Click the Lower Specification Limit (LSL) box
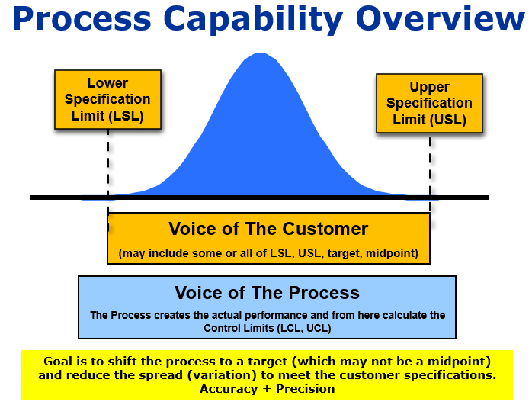click(x=107, y=99)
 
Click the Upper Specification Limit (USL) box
click(x=429, y=102)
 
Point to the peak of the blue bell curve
click(x=261, y=54)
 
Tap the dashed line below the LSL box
click(x=108, y=160)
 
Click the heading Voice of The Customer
click(x=268, y=229)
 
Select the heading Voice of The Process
click(x=267, y=293)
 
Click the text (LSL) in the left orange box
click(x=126, y=117)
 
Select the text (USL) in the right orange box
click(x=447, y=120)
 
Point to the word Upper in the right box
click(x=429, y=86)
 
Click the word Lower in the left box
click(x=107, y=82)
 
